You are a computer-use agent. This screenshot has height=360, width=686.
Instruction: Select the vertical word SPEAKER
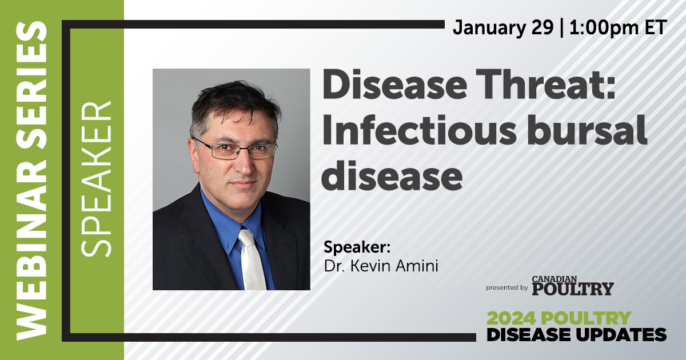(96, 179)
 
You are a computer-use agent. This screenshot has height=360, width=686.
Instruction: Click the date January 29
(503, 28)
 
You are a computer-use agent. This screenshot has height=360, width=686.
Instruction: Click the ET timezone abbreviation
(656, 27)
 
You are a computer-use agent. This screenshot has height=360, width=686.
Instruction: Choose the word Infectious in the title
(418, 130)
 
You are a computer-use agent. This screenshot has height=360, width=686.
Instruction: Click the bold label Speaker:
(357, 247)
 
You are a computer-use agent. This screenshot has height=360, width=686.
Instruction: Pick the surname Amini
(417, 266)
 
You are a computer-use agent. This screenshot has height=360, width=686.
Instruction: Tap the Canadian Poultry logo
(573, 286)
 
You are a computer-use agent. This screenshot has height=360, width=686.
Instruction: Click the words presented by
(507, 288)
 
